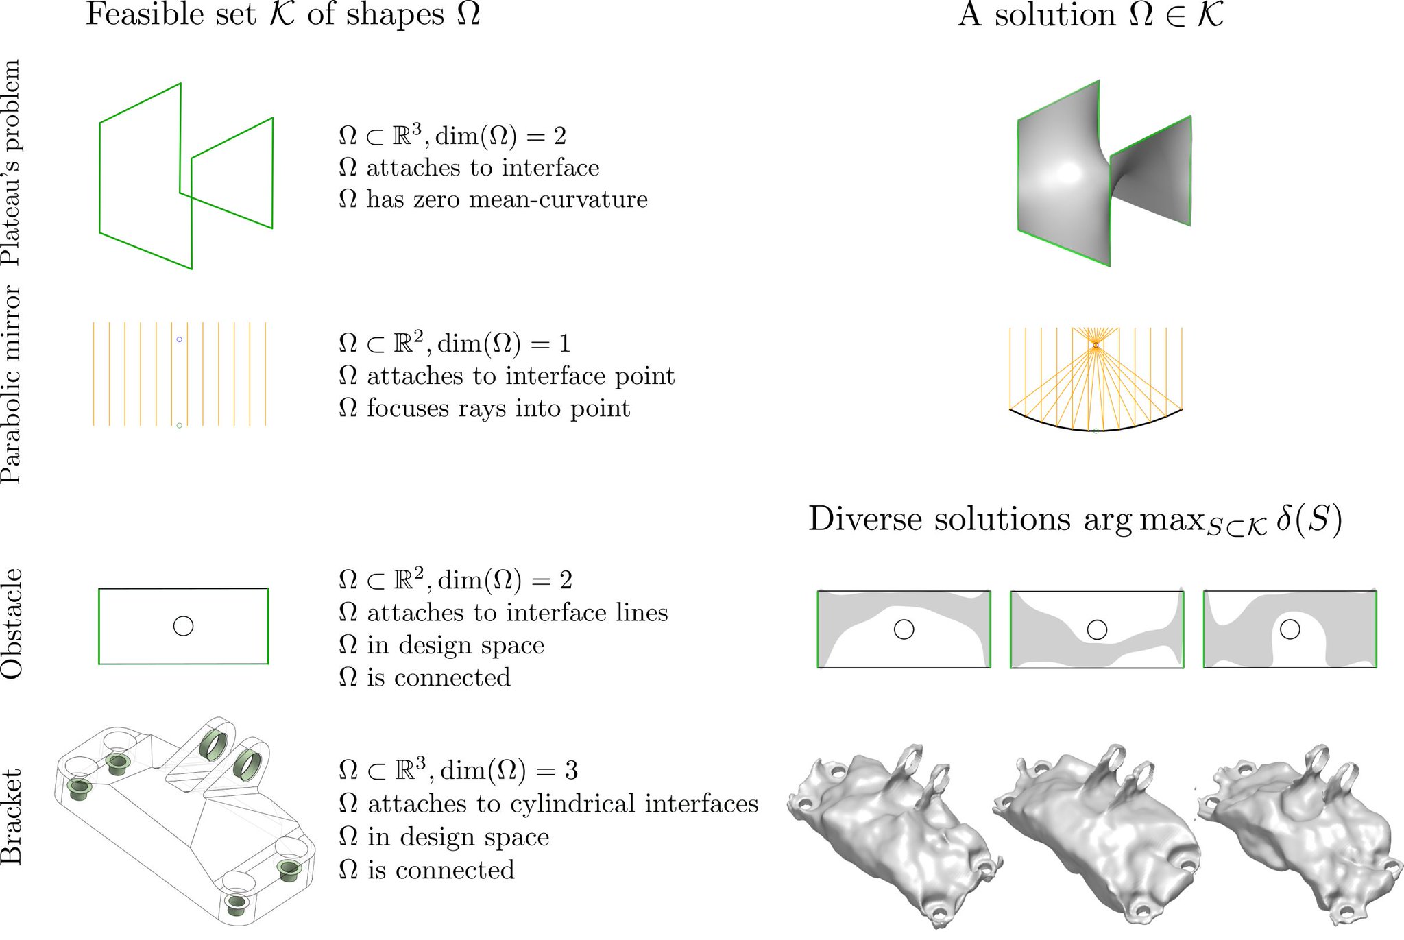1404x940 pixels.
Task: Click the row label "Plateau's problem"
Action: pos(12,162)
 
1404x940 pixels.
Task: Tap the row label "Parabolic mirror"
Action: pos(12,385)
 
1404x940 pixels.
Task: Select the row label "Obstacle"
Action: pos(12,624)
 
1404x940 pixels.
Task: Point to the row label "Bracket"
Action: pos(12,816)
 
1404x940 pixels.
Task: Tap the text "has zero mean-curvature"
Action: pos(507,200)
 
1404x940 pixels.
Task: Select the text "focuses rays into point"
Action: pos(498,409)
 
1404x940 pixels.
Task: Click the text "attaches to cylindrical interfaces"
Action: pos(563,804)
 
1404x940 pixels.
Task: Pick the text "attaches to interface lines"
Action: pos(518,612)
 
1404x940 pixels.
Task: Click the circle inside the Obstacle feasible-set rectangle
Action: pos(183,626)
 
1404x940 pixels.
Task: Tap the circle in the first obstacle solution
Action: pos(904,629)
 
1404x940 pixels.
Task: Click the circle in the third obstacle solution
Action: pos(1290,629)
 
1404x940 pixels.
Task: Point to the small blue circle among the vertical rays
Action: pos(180,339)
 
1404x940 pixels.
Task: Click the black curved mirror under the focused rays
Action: pos(1096,430)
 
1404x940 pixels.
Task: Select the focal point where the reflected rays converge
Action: pos(1096,345)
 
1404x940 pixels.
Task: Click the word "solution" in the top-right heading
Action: pos(1055,14)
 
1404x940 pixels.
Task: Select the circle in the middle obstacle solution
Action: pos(1097,629)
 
